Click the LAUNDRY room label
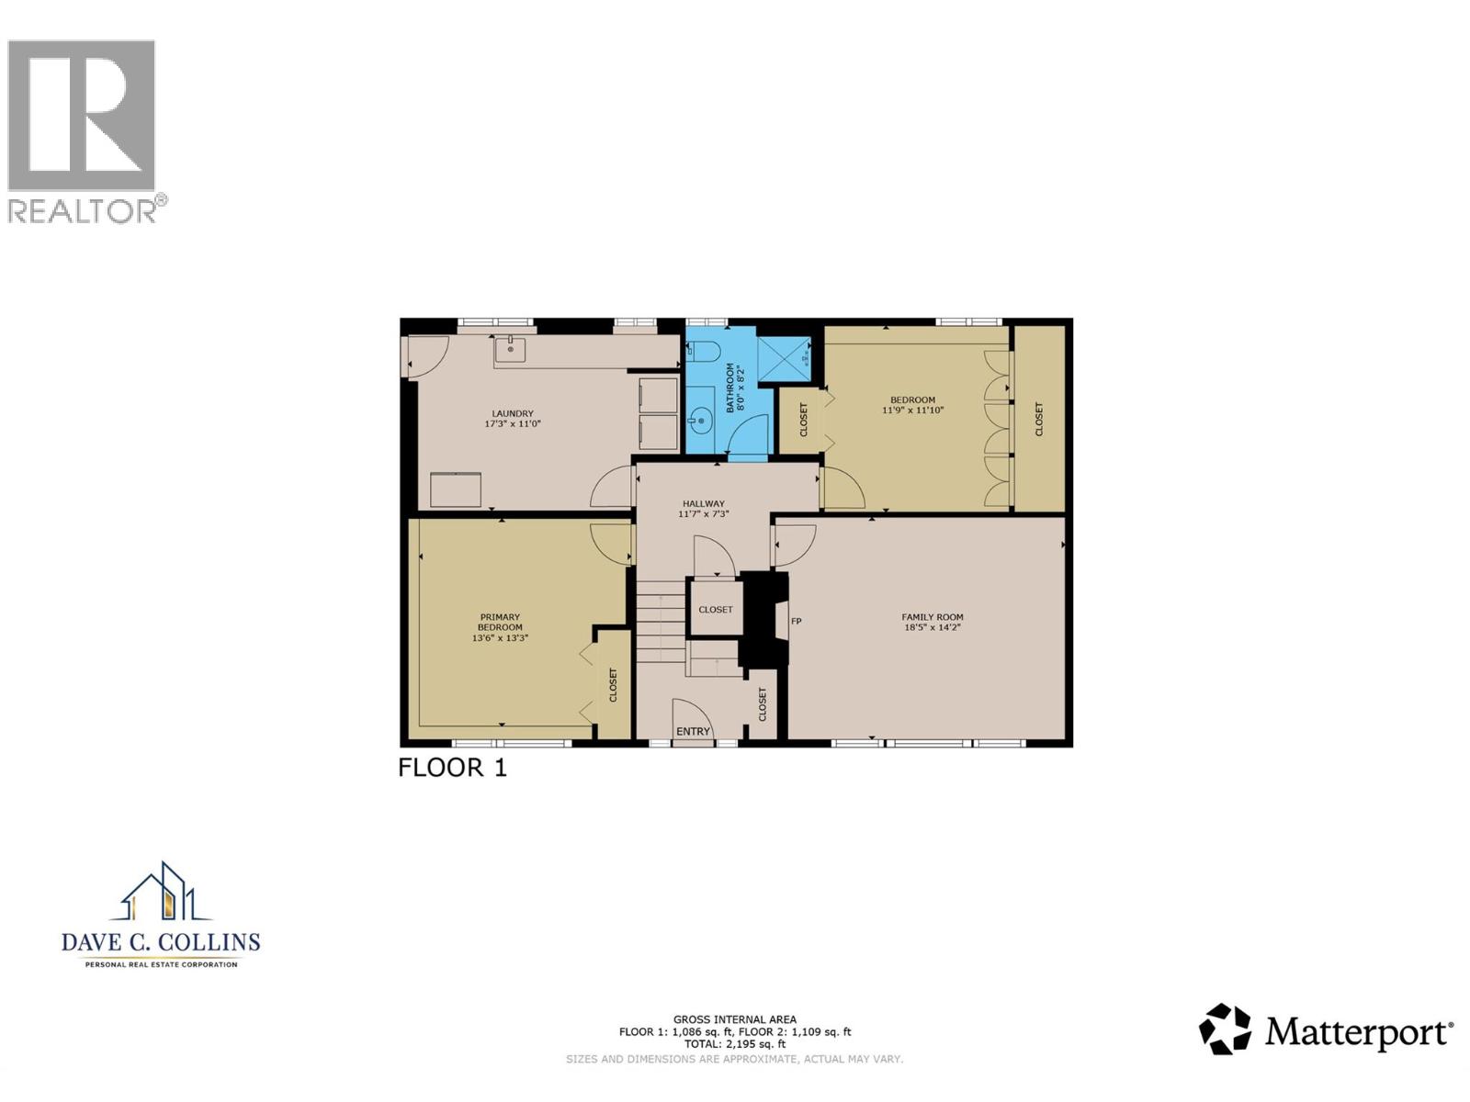point(512,414)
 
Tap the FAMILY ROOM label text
point(932,617)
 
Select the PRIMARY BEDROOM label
point(500,622)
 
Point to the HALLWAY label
point(703,503)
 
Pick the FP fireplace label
point(797,622)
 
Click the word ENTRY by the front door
point(693,731)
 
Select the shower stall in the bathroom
point(785,357)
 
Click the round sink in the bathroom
point(700,422)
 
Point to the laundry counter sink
point(510,349)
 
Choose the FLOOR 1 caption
point(452,768)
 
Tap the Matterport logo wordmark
point(1358,1032)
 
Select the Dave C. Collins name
point(161,942)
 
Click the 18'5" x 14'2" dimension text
point(932,628)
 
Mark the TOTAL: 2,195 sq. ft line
point(734,1044)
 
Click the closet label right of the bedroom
point(1039,419)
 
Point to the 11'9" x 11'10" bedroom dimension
point(912,410)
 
